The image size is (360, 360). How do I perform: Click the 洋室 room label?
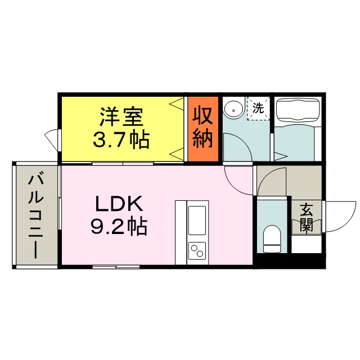tap(121, 116)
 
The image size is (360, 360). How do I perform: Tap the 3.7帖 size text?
tap(121, 139)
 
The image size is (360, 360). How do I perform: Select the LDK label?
tap(119, 203)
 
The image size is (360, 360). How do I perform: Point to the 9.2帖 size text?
tap(119, 226)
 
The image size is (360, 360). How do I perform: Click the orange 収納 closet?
tap(203, 129)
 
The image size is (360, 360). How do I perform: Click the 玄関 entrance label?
tap(307, 218)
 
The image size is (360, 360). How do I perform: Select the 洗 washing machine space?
tap(258, 108)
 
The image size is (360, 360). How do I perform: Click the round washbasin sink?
tap(233, 110)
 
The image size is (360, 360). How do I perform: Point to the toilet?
tap(272, 238)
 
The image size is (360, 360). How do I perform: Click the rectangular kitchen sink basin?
tap(197, 220)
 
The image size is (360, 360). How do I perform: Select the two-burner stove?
tap(197, 251)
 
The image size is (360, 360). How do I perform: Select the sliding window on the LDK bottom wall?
tap(116, 267)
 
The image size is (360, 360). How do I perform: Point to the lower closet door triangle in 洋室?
tap(176, 154)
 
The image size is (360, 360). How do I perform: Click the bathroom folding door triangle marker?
tap(281, 156)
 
